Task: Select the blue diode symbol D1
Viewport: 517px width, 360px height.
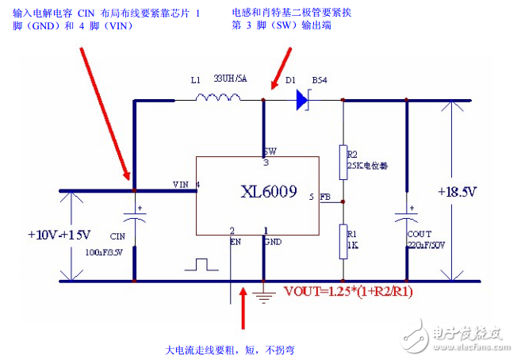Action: pos(302,99)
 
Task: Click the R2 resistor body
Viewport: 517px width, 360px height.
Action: pos(343,162)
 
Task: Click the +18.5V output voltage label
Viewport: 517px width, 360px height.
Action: pos(458,192)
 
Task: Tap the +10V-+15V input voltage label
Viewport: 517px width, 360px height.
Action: pos(58,235)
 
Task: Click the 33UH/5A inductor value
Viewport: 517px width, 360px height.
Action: pos(231,80)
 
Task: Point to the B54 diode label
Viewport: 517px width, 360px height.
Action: pos(320,81)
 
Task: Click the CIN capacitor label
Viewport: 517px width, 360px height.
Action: pos(117,236)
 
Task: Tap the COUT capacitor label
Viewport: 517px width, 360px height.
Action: pos(419,235)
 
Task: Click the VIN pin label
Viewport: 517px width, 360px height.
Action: pos(182,184)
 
